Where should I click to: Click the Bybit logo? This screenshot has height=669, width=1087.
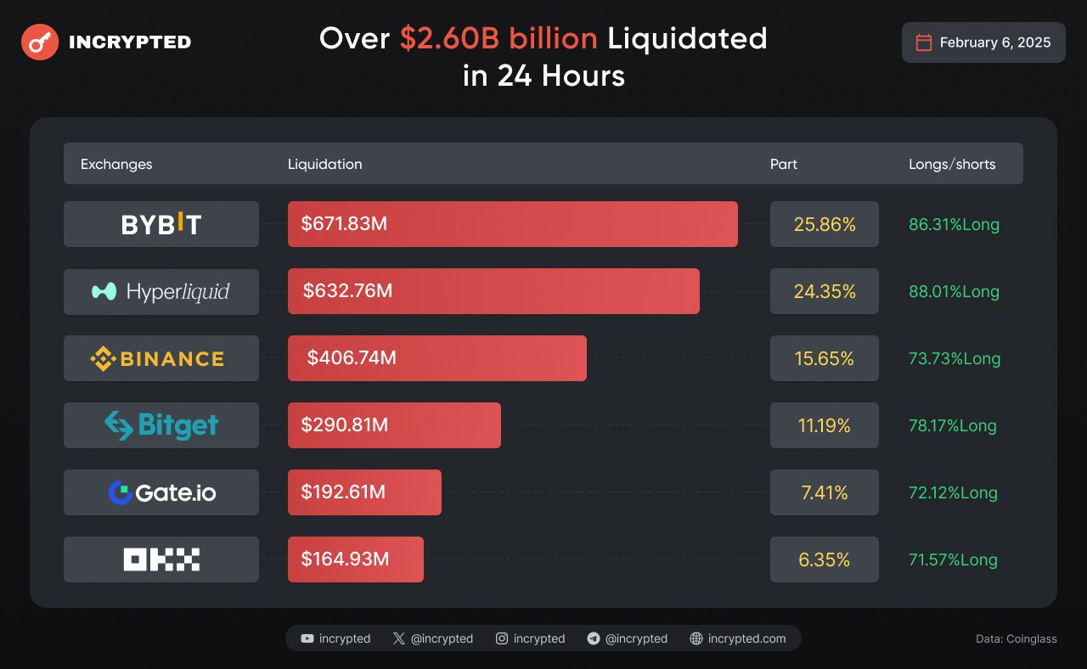tap(161, 224)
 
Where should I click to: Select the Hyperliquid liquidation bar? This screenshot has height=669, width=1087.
tap(493, 291)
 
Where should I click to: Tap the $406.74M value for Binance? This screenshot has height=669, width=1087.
tap(352, 358)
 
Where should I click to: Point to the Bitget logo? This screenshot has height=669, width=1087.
tap(161, 425)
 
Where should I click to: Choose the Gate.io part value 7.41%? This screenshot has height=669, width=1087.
tap(824, 492)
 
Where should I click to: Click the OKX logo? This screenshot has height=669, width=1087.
tap(161, 559)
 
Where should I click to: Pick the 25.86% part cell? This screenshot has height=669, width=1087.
tap(824, 224)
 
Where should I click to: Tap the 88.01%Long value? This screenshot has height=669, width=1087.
tap(954, 291)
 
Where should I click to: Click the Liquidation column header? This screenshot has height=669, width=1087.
tap(324, 164)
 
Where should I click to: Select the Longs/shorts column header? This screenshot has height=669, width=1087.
tap(952, 164)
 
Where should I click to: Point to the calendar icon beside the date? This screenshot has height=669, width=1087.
tap(924, 42)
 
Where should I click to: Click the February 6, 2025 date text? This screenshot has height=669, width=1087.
tap(995, 42)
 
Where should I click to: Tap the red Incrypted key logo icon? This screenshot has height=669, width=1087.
tap(40, 42)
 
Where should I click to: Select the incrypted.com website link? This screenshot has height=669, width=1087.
tap(746, 638)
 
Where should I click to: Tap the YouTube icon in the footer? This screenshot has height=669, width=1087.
tap(307, 638)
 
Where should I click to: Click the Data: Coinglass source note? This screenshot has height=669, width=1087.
tap(1017, 638)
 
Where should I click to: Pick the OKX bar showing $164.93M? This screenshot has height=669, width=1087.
tap(356, 559)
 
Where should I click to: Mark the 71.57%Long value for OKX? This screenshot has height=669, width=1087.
tap(953, 559)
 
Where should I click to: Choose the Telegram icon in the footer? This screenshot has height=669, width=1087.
tap(594, 638)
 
